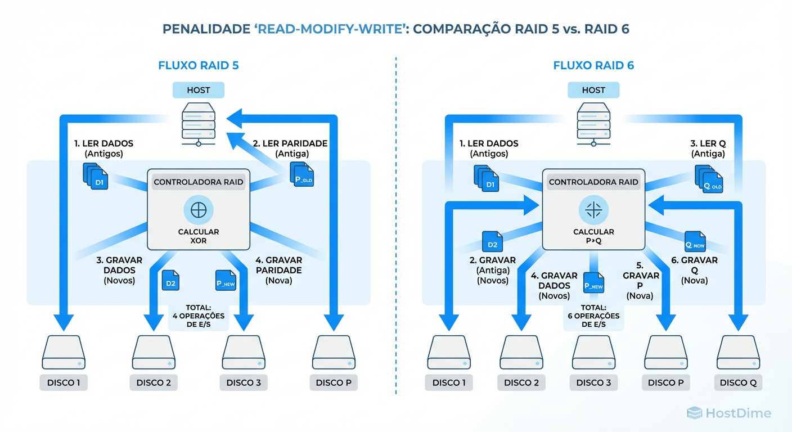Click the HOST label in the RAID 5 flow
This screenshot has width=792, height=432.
coord(199,90)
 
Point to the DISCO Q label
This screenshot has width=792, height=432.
coord(738,382)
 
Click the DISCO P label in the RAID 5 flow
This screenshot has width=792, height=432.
coord(334,382)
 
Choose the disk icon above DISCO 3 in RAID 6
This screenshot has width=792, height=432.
coord(593,352)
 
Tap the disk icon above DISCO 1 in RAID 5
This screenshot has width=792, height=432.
coord(64,352)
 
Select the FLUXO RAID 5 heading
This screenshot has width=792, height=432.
coord(199,65)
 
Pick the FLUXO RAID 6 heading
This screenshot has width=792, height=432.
coord(593,65)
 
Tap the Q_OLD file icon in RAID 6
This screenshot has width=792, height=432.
coord(708,179)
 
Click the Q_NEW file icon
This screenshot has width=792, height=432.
coord(695,241)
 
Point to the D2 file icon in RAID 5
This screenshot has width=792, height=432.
coord(170,281)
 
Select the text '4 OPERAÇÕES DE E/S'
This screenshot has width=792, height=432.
coord(199,320)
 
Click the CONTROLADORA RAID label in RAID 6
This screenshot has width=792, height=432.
coord(593,182)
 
